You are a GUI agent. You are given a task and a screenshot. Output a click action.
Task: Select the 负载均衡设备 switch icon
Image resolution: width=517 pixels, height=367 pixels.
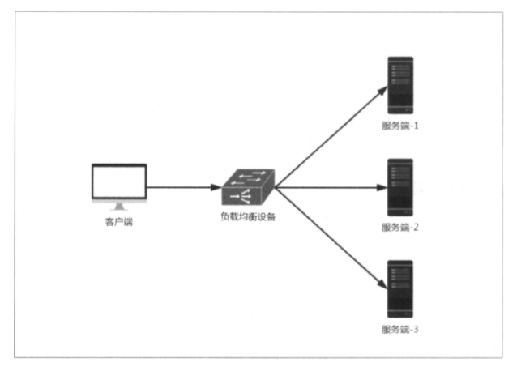coord(248,188)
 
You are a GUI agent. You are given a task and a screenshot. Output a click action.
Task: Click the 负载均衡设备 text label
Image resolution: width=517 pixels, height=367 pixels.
coord(248,217)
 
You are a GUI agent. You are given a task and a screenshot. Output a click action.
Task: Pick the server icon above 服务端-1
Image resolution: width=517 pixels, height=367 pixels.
coord(400,86)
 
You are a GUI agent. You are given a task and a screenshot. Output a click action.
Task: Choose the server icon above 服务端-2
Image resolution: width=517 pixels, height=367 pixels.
coord(400,187)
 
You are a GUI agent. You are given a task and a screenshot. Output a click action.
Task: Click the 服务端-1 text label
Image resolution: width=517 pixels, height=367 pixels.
coord(400,126)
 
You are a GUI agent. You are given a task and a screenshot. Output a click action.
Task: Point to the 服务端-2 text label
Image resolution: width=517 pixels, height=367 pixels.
coord(400,228)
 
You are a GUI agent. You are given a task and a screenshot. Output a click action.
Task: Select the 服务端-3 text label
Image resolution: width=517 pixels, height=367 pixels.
coord(400,330)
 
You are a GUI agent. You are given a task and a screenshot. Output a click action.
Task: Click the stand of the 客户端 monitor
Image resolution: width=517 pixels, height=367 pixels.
coord(118,206)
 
